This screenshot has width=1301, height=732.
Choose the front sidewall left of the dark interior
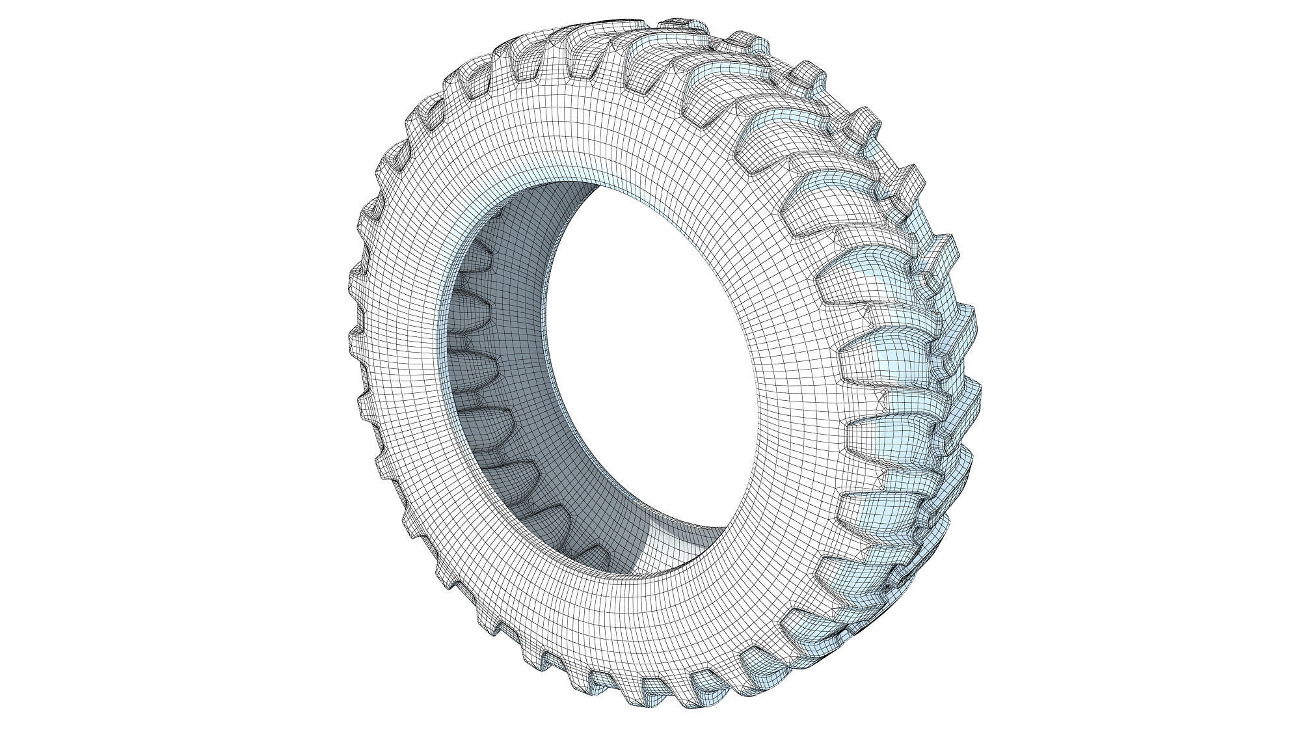pos(403,364)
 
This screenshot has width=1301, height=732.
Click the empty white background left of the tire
pos(163,364)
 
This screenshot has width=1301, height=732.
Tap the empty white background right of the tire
pos(1138,364)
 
